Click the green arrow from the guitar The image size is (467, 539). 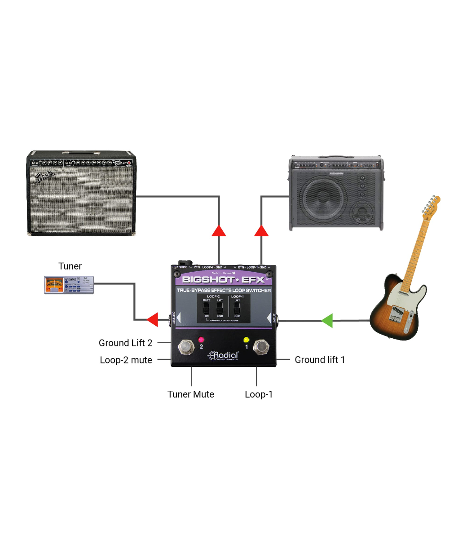point(327,321)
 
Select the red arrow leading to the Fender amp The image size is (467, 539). point(219,231)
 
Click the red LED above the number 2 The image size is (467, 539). point(201,339)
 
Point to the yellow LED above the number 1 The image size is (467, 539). point(246,340)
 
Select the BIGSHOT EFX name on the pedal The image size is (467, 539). point(224,280)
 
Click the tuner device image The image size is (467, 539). point(69,285)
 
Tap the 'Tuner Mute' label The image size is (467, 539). point(191,394)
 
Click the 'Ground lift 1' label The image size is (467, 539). point(320,360)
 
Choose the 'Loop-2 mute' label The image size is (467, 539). point(126,360)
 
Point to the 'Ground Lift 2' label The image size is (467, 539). point(125,343)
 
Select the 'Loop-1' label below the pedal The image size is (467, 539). point(259,394)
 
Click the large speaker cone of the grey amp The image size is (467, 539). point(323,199)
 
